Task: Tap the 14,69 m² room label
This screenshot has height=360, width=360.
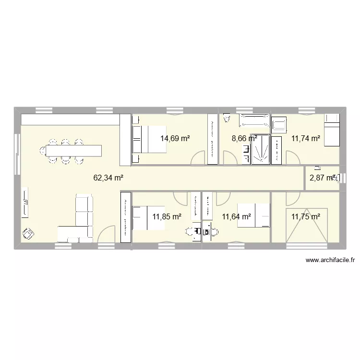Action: [x=175, y=138]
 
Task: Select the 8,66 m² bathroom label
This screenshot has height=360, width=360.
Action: [x=244, y=138]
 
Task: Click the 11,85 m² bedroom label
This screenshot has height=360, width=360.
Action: [x=167, y=216]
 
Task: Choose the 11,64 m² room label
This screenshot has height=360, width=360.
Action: [x=237, y=216]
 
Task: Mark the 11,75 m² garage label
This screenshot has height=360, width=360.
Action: [x=306, y=216]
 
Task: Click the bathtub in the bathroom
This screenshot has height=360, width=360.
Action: [x=255, y=122]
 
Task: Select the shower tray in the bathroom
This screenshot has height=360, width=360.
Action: [x=260, y=149]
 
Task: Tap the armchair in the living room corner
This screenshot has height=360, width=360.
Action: [x=28, y=233]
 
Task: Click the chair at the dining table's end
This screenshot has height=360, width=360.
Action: [x=42, y=151]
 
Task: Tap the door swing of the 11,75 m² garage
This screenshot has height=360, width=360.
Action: [x=293, y=198]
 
